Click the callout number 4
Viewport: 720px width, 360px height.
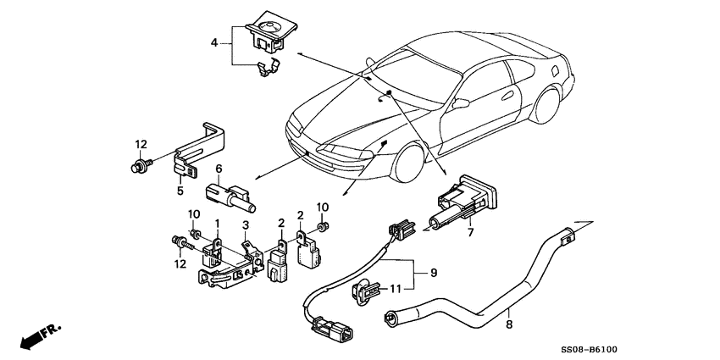point(214,43)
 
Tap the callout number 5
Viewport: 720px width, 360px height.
point(180,190)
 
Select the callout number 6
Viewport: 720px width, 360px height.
point(219,169)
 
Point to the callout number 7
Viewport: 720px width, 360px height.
point(470,232)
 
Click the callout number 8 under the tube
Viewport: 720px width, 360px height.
point(509,325)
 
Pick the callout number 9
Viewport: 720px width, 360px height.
point(434,274)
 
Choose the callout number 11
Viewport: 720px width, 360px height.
point(396,289)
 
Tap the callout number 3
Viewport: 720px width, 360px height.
point(246,225)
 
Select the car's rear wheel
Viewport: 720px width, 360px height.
point(545,105)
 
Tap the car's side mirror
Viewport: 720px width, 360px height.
point(460,103)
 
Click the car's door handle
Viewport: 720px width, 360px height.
point(507,96)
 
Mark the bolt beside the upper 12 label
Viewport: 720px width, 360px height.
point(141,163)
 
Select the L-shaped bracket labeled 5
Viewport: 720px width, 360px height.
point(200,149)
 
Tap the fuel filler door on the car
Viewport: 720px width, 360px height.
point(554,70)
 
